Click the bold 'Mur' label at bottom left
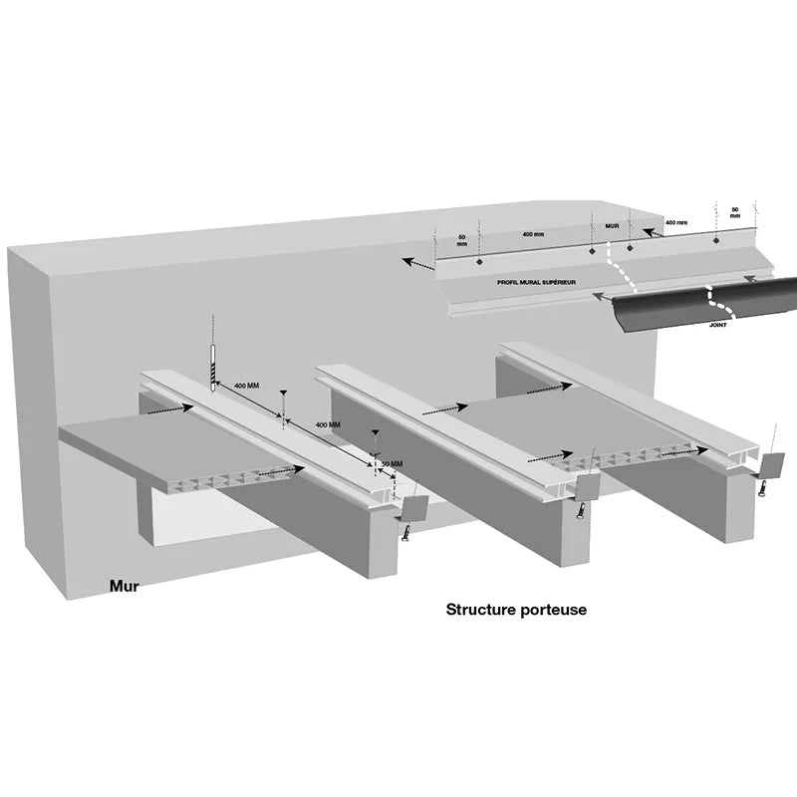pos(124,586)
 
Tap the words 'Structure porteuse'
pos(516,610)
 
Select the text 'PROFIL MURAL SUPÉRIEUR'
pos(536,282)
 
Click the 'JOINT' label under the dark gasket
pos(717,325)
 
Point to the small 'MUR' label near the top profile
pos(612,226)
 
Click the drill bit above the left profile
pos(213,368)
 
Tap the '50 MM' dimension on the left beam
pos(392,464)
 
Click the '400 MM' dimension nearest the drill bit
pos(246,386)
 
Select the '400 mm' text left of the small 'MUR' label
pos(533,234)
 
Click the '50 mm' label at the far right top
pos(735,212)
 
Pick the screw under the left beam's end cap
pos(406,533)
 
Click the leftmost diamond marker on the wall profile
pos(479,262)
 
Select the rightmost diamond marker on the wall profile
pos(716,240)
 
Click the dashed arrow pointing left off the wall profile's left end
pos(418,263)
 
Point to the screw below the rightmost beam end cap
pos(762,488)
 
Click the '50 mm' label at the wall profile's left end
pos(461,240)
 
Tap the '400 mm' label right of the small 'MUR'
pos(676,222)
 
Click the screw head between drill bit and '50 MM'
pos(283,393)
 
